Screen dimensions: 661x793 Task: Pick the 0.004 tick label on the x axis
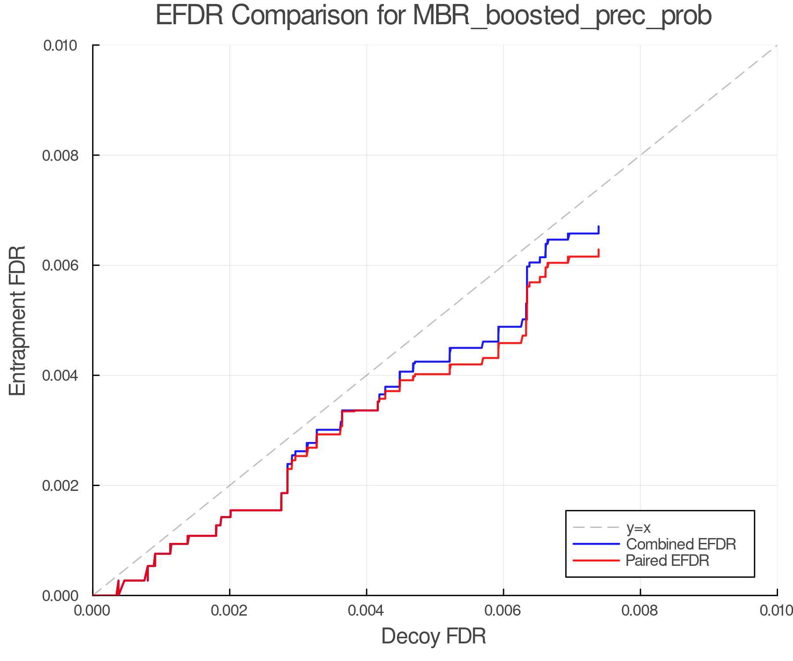367,611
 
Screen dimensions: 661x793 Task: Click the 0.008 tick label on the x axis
640,611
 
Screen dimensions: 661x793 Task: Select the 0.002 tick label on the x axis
230,611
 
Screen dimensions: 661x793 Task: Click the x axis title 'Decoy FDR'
434,636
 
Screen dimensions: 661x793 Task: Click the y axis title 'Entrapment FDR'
18,320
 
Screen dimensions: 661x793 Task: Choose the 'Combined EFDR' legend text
681,544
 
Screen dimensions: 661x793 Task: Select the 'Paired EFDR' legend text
667,561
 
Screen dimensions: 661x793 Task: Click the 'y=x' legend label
638,527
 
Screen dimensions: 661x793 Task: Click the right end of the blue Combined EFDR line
598,227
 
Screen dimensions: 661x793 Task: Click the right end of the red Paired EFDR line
598,250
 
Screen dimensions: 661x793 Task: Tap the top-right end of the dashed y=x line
776,46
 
